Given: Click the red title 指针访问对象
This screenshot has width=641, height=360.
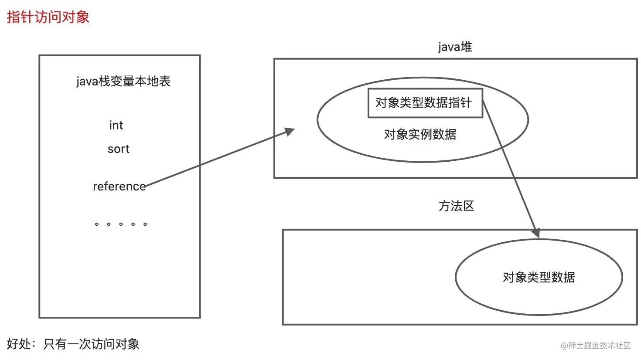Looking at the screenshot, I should (48, 17).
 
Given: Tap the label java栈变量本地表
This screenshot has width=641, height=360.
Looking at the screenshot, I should (123, 82).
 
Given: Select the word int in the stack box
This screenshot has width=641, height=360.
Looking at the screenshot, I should (116, 126).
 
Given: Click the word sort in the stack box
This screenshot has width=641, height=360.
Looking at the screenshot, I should (118, 149).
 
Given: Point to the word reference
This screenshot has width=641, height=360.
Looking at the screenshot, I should (119, 187).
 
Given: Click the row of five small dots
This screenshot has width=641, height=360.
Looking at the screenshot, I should (121, 224).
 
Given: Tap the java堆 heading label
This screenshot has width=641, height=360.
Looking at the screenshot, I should (455, 47).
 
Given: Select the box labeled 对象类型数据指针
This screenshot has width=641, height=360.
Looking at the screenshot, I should (425, 103).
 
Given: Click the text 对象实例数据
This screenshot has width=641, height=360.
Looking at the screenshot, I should (420, 134).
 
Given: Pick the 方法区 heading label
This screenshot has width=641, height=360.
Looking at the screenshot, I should (456, 206).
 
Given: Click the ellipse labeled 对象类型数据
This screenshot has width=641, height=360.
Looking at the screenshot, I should (539, 277).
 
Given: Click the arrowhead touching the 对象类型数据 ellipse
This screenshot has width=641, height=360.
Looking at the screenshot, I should (536, 233).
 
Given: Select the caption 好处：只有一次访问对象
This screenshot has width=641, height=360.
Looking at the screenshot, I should (73, 344).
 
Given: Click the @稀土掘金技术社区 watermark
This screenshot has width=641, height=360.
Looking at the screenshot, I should (596, 345).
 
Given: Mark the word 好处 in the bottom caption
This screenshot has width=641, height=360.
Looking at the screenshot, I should (19, 344).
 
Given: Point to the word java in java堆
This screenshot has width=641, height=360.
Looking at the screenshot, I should (447, 47).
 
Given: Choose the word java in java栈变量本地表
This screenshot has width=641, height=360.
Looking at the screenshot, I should (87, 82).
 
